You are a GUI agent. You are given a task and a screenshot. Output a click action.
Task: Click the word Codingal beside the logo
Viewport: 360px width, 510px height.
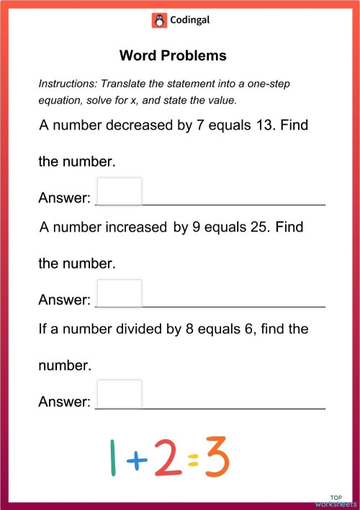[189, 21]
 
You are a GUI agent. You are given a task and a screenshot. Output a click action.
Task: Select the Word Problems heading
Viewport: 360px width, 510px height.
[173, 55]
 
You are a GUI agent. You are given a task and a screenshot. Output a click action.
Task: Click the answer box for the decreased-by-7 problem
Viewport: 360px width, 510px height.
[119, 191]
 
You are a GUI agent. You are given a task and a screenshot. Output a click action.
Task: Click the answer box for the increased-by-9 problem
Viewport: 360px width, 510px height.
[119, 293]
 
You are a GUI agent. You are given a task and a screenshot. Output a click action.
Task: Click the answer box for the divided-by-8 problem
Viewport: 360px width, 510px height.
[119, 394]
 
